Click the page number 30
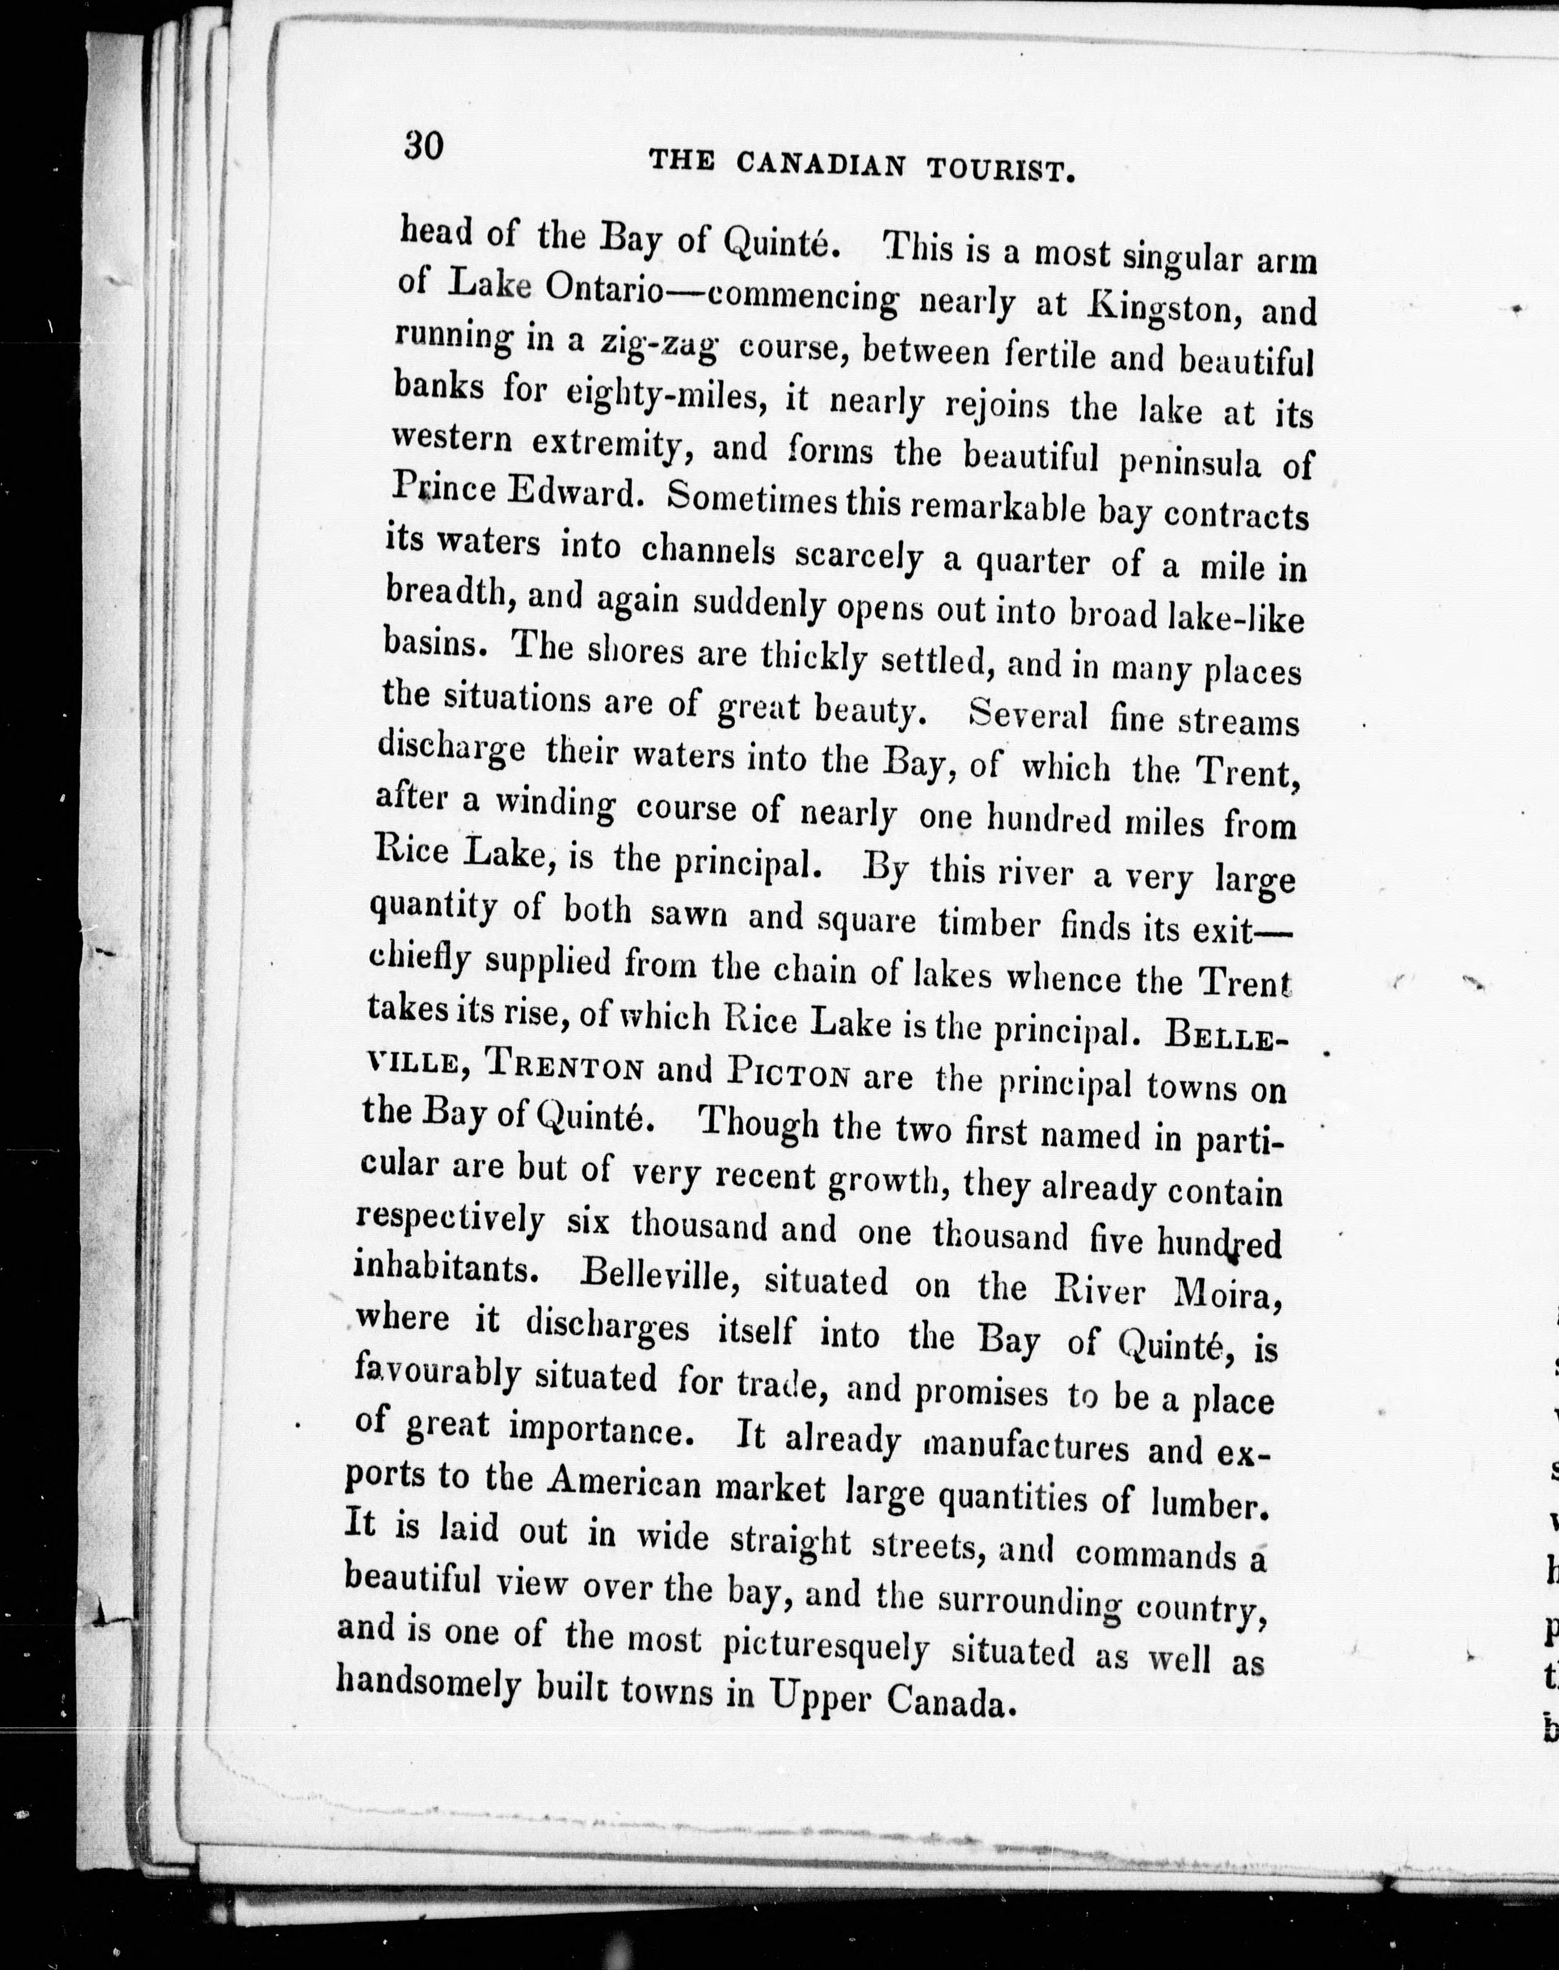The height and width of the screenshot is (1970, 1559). click(424, 145)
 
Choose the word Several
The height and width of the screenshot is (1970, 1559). click(1028, 714)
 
